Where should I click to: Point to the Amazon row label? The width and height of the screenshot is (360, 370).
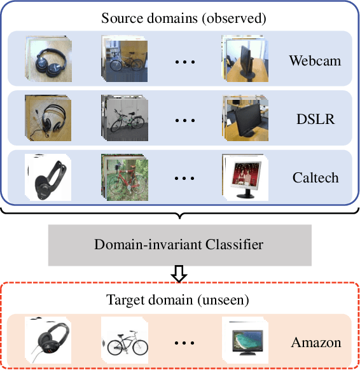pyautogui.click(x=316, y=343)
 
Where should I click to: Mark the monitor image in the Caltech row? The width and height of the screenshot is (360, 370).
pyautogui.click(x=246, y=175)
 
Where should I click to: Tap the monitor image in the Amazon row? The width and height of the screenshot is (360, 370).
pyautogui.click(x=246, y=340)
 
